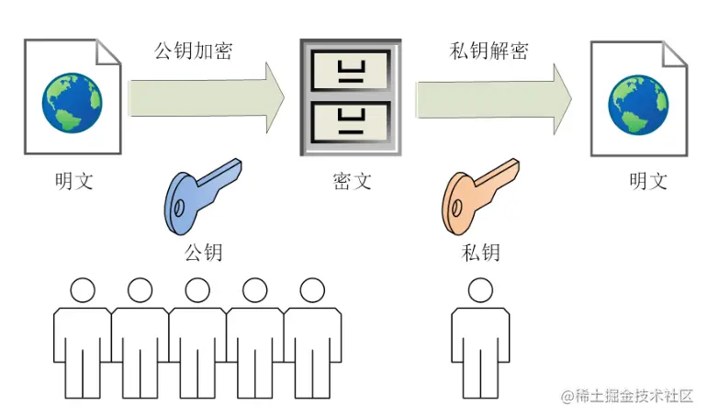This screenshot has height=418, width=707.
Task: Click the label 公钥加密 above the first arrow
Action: click(193, 50)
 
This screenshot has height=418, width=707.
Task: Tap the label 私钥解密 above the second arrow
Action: click(489, 50)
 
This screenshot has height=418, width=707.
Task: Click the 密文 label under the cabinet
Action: click(352, 180)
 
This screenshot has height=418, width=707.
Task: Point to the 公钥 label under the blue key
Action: click(203, 251)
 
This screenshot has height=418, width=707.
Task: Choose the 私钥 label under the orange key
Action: click(481, 251)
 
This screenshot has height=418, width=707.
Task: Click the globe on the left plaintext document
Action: click(72, 102)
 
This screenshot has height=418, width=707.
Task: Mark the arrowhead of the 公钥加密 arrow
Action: click(276, 97)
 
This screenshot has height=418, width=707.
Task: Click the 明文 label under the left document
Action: click(73, 180)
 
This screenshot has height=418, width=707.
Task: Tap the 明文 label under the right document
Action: click(647, 180)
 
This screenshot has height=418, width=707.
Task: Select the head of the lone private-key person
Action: click(480, 291)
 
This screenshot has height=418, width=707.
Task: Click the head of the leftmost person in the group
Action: click(83, 291)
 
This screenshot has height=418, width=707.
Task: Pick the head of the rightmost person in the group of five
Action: click(312, 291)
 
